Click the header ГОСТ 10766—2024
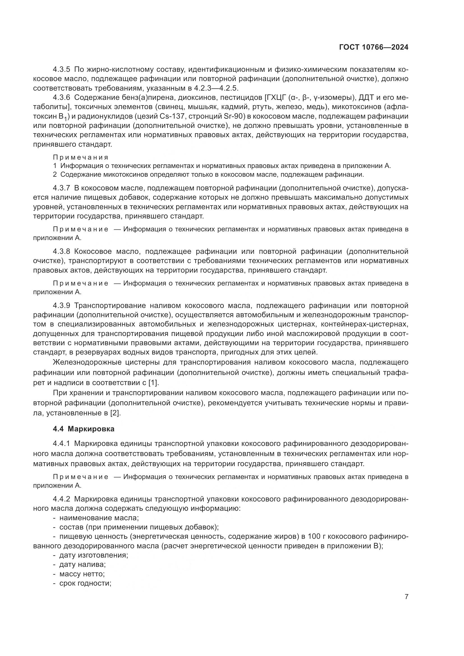pyautogui.click(x=374, y=47)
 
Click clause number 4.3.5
pyautogui.click(x=61, y=70)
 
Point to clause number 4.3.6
pyautogui.click(x=61, y=98)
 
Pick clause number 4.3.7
pyautogui.click(x=61, y=188)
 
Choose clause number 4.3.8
pyautogui.click(x=61, y=251)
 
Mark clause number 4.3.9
pyautogui.click(x=61, y=306)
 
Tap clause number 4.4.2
pyautogui.click(x=61, y=507)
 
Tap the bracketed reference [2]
pyautogui.click(x=115, y=413)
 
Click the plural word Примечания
pyautogui.click(x=81, y=157)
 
